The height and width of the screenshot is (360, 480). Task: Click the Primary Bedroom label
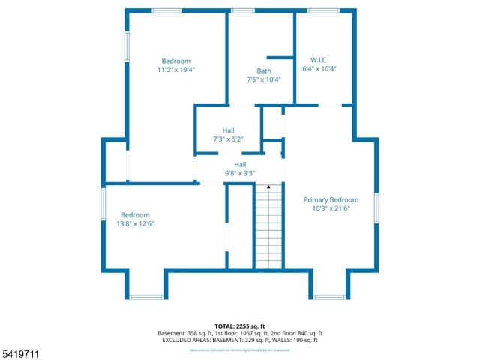[x=331, y=200]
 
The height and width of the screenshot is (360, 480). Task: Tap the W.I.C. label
[x=319, y=60]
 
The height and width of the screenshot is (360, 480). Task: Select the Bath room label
[x=264, y=71]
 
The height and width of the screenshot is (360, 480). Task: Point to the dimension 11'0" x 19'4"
[x=176, y=70]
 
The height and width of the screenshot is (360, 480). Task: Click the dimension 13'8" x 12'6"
[x=136, y=223]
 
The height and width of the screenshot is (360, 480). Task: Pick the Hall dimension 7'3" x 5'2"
[x=228, y=139]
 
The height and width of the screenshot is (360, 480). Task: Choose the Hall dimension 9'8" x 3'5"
[x=240, y=173]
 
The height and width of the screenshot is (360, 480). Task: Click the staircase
[x=268, y=229]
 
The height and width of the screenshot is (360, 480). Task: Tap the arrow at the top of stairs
[x=268, y=186]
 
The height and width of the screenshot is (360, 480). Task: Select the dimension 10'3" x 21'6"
[x=331, y=208]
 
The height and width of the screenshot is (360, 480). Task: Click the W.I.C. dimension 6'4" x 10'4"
[x=319, y=68]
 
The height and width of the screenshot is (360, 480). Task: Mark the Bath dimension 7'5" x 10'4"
[x=264, y=79]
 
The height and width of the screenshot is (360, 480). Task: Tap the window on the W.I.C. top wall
[x=323, y=10]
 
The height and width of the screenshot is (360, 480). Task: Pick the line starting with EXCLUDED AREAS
[x=240, y=340]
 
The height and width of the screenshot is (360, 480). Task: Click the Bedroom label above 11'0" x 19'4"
[x=176, y=61]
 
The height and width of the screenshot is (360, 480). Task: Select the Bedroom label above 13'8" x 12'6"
[x=136, y=215]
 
